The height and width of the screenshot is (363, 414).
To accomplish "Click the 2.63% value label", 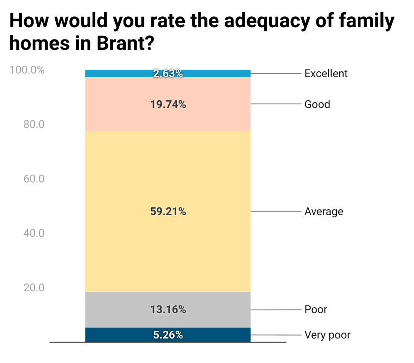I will coord(168,74).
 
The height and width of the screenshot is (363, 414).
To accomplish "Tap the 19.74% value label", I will coord(168,104).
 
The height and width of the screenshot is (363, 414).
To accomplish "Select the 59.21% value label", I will coord(168,211).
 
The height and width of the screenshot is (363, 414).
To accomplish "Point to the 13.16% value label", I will coord(168,309).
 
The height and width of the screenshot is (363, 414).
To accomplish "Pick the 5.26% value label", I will coord(168,335).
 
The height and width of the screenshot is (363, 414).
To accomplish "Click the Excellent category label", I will coord(326,74).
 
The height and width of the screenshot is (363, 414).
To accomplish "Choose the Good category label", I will coord(317,104).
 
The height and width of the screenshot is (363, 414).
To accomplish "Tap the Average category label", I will coord(324,211).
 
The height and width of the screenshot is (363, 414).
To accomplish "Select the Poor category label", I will coord(315,309).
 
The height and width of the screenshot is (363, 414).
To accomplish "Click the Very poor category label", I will coord(327,335).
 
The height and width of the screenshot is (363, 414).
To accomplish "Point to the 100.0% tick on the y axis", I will coord(27,70).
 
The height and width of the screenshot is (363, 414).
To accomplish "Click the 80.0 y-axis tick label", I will coord(34,124).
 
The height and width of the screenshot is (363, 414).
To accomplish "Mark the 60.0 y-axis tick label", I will coord(34,179).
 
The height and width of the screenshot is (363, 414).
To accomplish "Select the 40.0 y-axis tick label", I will coord(34,233).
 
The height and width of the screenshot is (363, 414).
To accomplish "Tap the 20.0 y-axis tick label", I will coord(34,288).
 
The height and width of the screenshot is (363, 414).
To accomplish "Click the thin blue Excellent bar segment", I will coord(113,74).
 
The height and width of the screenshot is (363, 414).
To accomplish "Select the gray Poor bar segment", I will coord(113,309).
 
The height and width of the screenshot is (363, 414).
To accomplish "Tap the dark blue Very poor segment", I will coord(113,335).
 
